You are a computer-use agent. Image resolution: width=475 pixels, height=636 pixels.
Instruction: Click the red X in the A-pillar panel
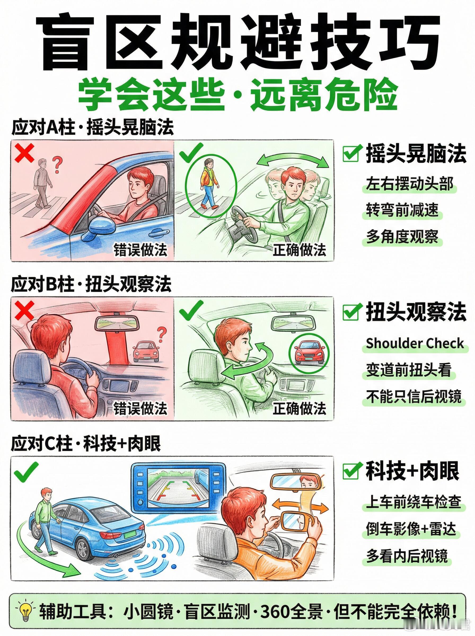tap(25, 153)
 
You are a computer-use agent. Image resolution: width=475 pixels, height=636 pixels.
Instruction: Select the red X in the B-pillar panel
tap(25, 311)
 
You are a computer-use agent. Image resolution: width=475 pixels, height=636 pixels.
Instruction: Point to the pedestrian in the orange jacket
tap(209, 184)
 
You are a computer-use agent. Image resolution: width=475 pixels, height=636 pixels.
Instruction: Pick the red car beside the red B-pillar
tap(146, 351)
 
